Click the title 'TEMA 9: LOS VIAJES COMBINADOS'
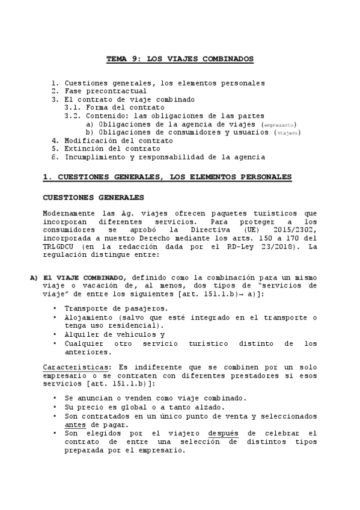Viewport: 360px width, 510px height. pos(180,59)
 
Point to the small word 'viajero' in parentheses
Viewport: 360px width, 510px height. pos(288,132)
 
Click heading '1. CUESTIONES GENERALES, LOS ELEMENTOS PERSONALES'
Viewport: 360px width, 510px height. pos(167,177)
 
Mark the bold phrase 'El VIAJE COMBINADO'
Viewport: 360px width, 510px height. pos(84,277)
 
